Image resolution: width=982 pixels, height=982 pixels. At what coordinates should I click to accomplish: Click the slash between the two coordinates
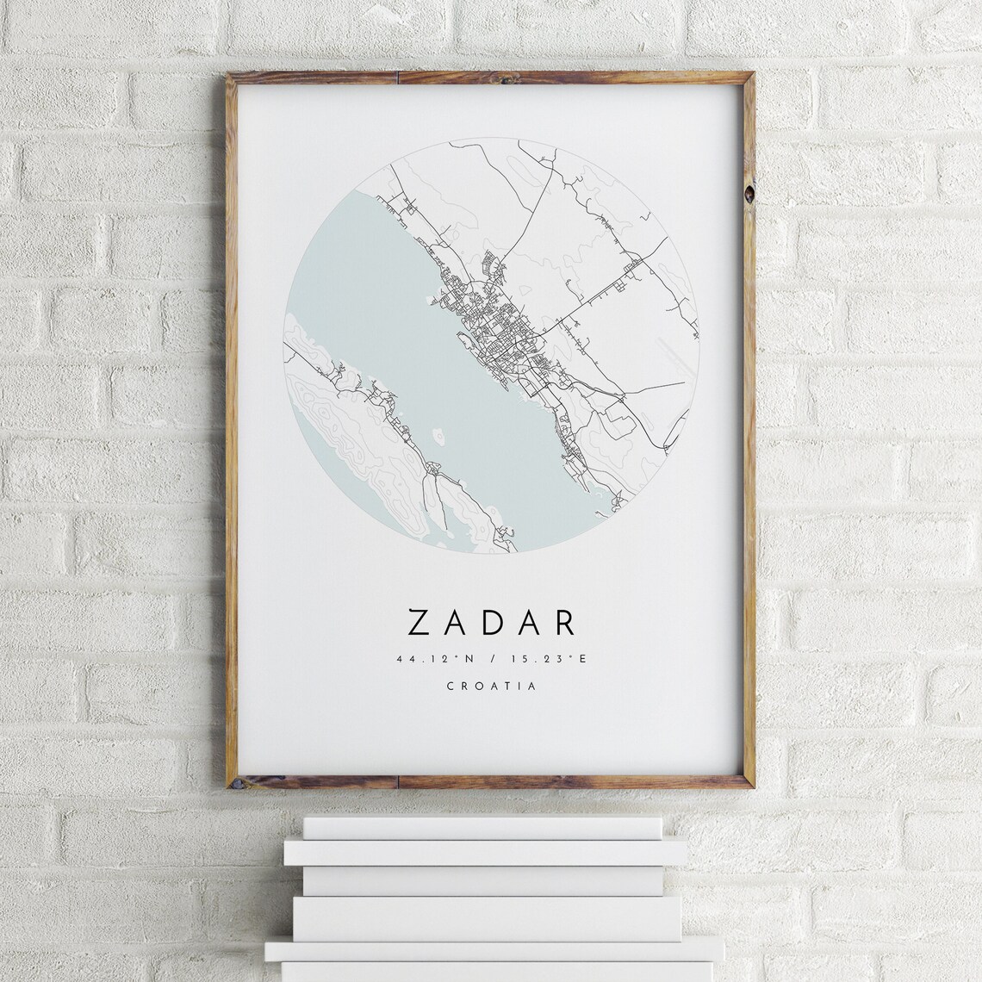pos(492,660)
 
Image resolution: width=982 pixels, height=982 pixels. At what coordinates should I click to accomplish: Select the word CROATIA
pos(491,687)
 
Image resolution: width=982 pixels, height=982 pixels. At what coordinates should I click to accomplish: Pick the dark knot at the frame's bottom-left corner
pos(232,781)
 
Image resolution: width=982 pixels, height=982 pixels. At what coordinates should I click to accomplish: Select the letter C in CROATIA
pos(451,687)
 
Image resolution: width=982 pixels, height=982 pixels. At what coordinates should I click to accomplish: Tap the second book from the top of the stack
pos(487,853)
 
